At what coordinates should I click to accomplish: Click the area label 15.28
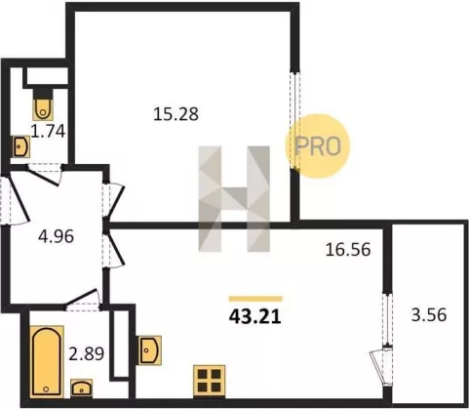click(x=176, y=114)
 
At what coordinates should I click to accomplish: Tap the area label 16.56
click(x=348, y=250)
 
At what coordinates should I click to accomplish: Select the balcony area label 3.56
click(x=429, y=315)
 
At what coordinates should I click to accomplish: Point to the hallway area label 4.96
click(x=56, y=236)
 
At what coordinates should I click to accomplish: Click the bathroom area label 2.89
click(x=86, y=353)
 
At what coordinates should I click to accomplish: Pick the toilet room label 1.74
click(x=48, y=132)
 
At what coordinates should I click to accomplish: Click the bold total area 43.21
click(x=254, y=316)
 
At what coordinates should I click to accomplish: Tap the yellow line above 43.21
click(x=255, y=299)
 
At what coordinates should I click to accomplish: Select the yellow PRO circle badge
click(x=317, y=146)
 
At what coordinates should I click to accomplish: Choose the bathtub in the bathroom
click(x=47, y=361)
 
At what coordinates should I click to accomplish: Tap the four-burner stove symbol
click(x=209, y=381)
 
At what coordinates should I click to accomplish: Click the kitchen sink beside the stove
click(x=150, y=349)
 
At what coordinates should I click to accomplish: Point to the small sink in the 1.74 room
click(x=21, y=146)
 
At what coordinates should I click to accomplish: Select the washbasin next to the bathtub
click(x=82, y=388)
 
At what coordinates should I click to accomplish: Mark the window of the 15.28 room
click(x=294, y=120)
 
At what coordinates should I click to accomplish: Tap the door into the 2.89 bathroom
click(x=83, y=300)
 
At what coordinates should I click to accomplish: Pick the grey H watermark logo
click(x=234, y=199)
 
